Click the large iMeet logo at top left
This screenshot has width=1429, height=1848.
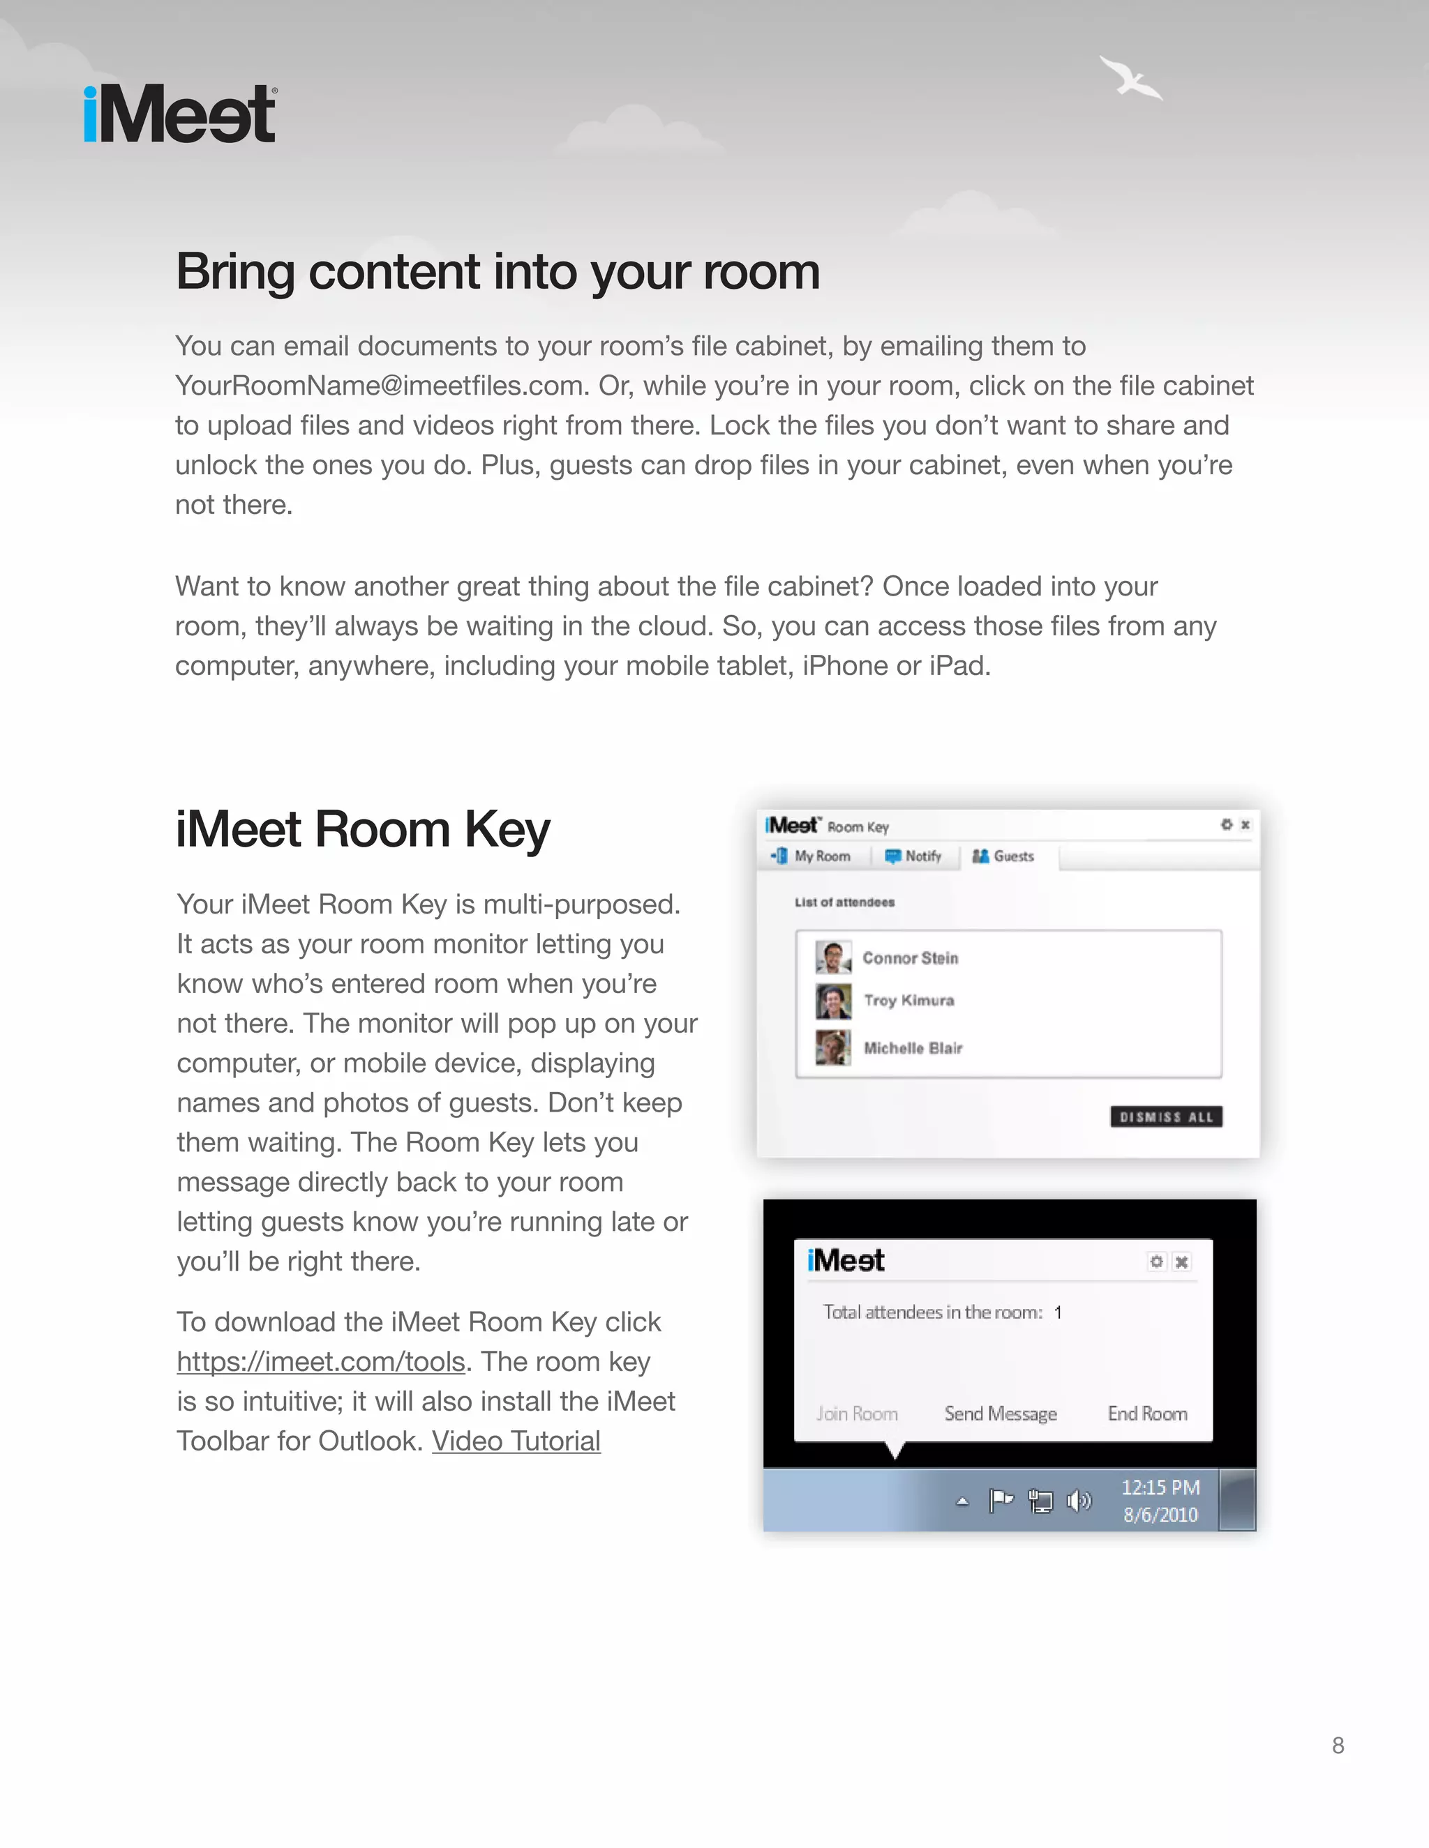(179, 114)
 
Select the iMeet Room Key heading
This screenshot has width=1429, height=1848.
(362, 828)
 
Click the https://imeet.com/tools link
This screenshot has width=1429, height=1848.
(321, 1361)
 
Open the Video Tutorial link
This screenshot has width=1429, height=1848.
(516, 1441)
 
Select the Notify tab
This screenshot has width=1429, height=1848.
(913, 856)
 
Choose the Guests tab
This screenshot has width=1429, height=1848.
(1004, 856)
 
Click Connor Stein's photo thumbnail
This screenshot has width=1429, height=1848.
(832, 957)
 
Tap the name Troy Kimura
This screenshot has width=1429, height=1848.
(908, 1000)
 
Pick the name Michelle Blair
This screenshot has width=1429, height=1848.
(913, 1047)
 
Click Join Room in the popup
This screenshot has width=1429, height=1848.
(857, 1414)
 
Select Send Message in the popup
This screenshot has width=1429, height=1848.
(1001, 1414)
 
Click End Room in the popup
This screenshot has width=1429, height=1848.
(1147, 1414)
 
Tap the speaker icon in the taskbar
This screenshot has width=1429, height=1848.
(1079, 1501)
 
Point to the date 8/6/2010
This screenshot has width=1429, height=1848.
(1160, 1515)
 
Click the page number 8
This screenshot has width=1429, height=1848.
(1338, 1745)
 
